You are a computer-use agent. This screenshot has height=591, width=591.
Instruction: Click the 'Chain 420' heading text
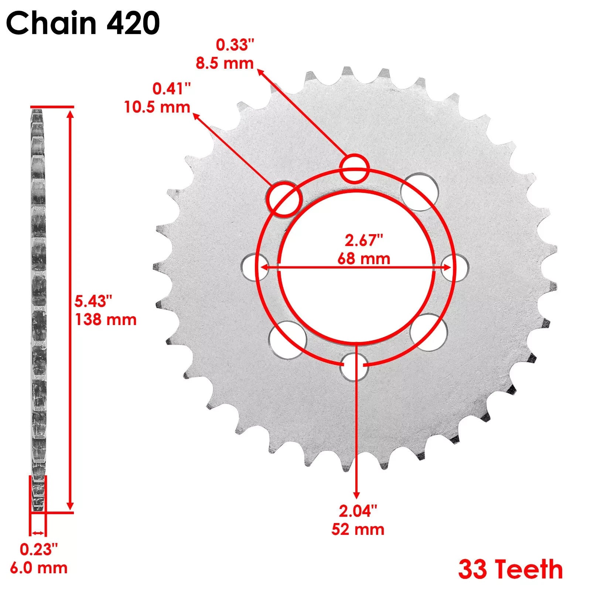[x=83, y=23]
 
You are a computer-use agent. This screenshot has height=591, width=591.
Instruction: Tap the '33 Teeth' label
[x=510, y=569]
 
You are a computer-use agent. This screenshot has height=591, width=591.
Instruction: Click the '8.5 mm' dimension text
[x=225, y=63]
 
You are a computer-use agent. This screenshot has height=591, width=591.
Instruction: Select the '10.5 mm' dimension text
[x=157, y=107]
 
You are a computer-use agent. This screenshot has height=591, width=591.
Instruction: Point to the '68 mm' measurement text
[x=363, y=259]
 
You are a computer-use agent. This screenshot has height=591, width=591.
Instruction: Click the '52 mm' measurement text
[x=358, y=529]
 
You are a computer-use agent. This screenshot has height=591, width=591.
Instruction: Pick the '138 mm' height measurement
[x=106, y=320]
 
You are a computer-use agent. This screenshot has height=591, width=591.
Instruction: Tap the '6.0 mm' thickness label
[x=39, y=568]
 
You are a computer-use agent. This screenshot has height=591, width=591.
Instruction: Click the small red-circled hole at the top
[x=354, y=168]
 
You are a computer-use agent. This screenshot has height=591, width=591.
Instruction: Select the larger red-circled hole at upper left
[x=284, y=199]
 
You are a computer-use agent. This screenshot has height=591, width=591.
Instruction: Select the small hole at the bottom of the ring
[x=354, y=366]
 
